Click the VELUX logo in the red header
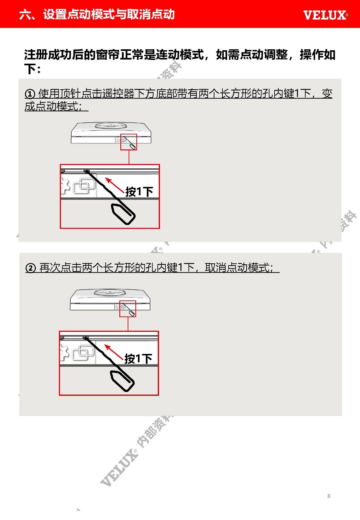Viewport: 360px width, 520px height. pyautogui.click(x=326, y=15)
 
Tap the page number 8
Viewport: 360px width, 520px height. pyautogui.click(x=329, y=496)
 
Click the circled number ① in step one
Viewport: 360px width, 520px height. pyautogui.click(x=30, y=94)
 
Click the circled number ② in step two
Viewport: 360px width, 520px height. pyautogui.click(x=31, y=268)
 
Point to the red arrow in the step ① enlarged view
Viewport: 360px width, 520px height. pyautogui.click(x=115, y=185)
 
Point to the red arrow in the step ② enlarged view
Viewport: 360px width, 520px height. pyautogui.click(x=114, y=352)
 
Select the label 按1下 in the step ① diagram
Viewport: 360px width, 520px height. pyautogui.click(x=139, y=192)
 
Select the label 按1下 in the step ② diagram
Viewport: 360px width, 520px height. pyautogui.click(x=138, y=359)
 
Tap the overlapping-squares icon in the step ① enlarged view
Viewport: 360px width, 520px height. pyautogui.click(x=84, y=186)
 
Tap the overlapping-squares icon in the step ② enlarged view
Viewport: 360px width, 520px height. pyautogui.click(x=83, y=353)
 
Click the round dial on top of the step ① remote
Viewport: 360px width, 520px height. pyautogui.click(x=111, y=125)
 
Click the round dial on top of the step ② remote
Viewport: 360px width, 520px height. pyautogui.click(x=110, y=292)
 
